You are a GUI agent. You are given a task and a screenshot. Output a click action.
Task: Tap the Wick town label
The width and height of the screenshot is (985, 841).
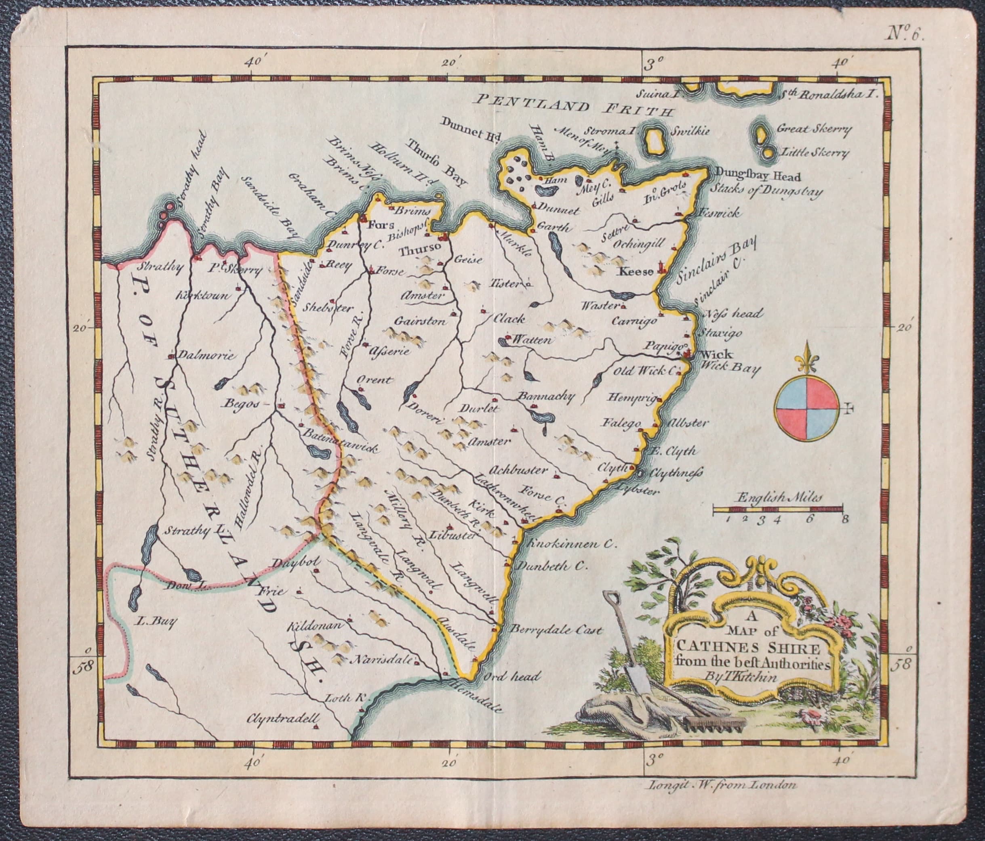710,354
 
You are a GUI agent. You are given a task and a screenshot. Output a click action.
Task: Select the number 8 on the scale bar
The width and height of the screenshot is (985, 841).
844,519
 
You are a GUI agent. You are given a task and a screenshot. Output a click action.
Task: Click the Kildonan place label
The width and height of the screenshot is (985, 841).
316,626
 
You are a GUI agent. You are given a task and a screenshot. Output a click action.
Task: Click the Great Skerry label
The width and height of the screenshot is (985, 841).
812,129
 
